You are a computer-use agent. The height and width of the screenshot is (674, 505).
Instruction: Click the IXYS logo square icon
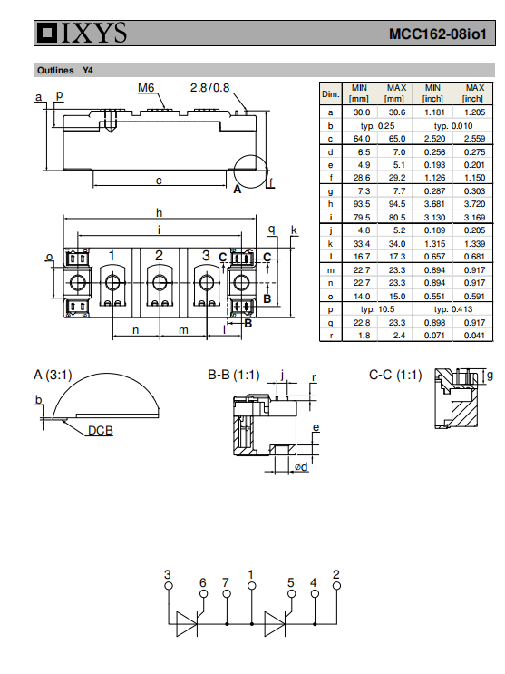pos(47,33)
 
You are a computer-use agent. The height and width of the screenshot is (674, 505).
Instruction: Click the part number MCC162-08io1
pos(438,34)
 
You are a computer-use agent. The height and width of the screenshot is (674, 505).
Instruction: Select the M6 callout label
pos(146,88)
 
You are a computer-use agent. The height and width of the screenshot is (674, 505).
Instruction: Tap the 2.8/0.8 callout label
pos(209,88)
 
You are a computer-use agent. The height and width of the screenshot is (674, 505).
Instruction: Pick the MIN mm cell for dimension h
pos(362,204)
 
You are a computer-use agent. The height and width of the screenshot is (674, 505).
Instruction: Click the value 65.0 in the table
pos(397,139)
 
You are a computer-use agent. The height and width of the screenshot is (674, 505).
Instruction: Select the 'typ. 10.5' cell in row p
pos(377,309)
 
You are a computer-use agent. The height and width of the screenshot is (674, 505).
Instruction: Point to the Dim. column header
pos(331,93)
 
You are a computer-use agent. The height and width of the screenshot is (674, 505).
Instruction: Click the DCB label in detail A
pos(100,430)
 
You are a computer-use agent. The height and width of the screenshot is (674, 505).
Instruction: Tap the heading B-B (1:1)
pos(234,375)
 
